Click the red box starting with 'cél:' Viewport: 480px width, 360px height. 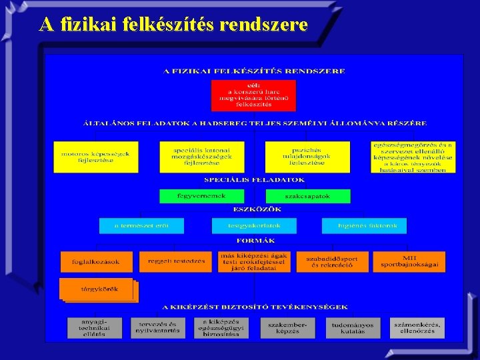(x=245, y=95)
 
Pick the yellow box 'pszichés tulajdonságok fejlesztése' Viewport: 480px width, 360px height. (x=307, y=157)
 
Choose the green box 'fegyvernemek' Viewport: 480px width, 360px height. (x=201, y=196)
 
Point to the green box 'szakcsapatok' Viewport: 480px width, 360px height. (x=307, y=196)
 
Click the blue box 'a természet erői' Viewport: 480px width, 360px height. (x=141, y=225)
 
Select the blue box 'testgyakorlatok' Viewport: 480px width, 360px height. (x=254, y=225)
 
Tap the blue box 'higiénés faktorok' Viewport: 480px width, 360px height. (x=364, y=225)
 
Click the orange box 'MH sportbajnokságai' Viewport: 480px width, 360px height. (x=409, y=261)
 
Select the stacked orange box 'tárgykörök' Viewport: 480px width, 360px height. (x=99, y=289)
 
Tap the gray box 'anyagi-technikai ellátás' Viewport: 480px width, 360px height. (x=95, y=327)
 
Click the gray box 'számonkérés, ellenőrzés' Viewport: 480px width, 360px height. (x=418, y=327)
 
